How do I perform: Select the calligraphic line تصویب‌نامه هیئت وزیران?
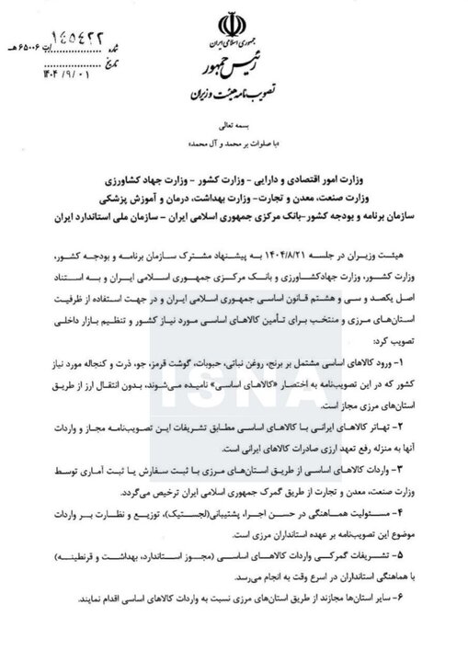[x=230, y=94]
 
